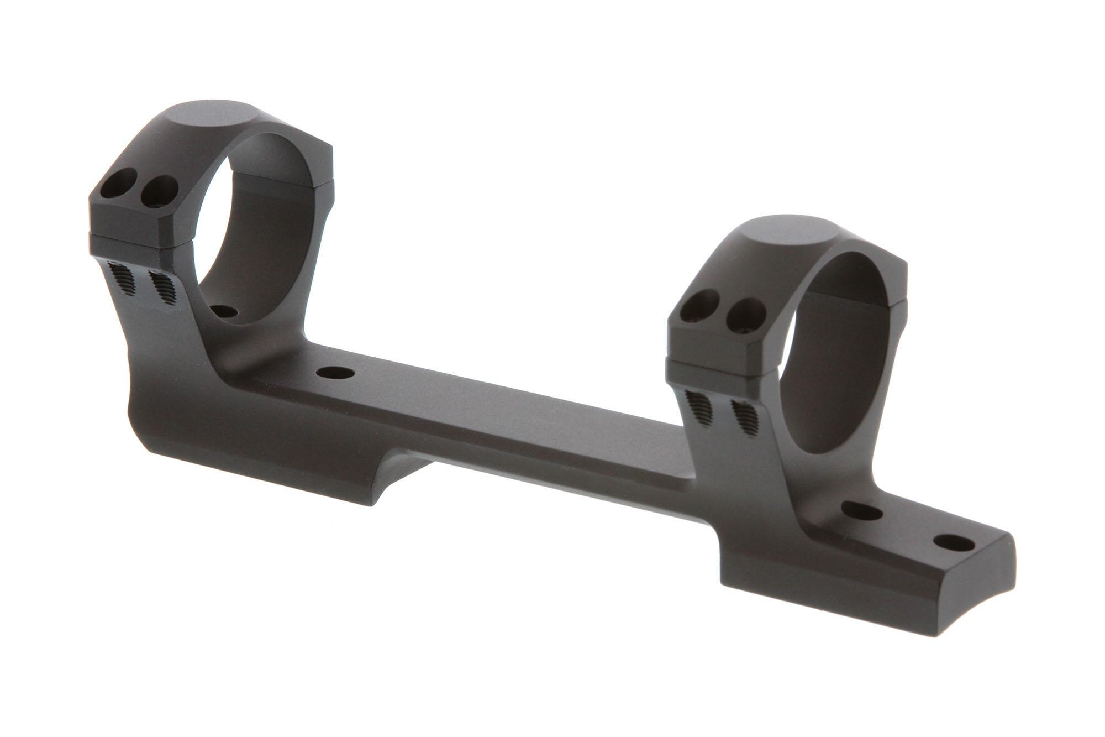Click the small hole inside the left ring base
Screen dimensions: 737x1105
[223, 312]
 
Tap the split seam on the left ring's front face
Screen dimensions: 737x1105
[138, 242]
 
